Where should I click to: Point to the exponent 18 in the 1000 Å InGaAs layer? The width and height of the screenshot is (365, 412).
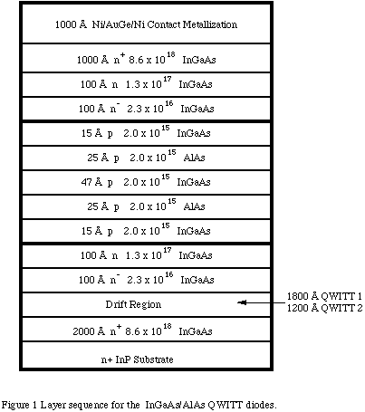pyautogui.click(x=171, y=54)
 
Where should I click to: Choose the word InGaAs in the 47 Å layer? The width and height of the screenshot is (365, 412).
pyautogui.click(x=194, y=182)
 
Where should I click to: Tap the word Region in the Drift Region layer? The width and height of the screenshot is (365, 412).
pyautogui.click(x=145, y=305)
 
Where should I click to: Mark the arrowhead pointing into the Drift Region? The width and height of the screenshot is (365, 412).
pyautogui.click(x=242, y=302)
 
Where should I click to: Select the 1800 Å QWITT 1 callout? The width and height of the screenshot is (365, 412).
pyautogui.click(x=324, y=296)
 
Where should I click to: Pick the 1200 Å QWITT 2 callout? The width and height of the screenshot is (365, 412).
pyautogui.click(x=324, y=308)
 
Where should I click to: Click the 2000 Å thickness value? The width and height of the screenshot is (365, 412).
pyautogui.click(x=89, y=331)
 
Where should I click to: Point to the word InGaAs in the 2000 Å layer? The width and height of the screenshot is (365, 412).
pyautogui.click(x=196, y=331)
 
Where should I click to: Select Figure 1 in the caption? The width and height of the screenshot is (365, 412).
pyautogui.click(x=19, y=405)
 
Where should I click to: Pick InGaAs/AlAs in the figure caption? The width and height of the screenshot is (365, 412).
pyautogui.click(x=175, y=405)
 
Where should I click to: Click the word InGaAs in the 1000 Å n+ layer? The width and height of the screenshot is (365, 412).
pyautogui.click(x=199, y=60)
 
